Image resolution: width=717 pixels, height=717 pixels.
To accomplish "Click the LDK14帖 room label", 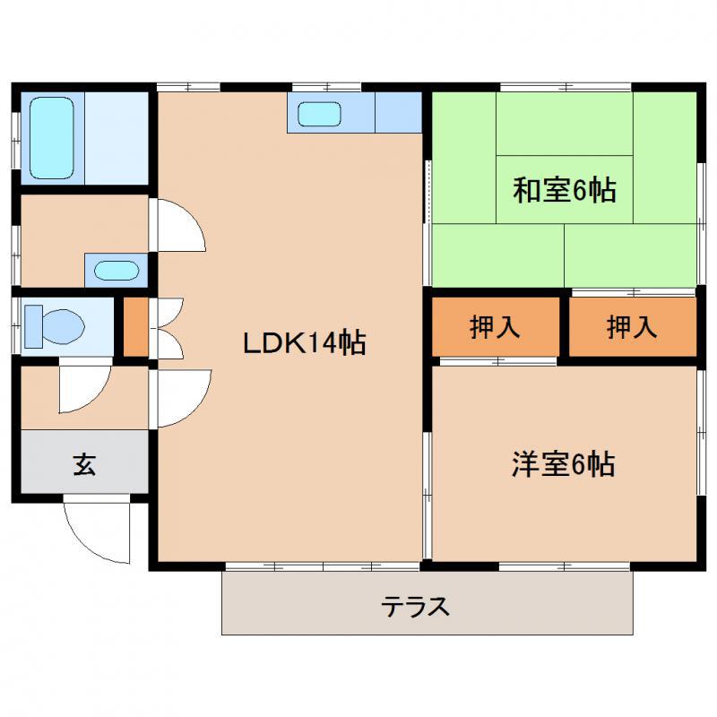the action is coord(304,342).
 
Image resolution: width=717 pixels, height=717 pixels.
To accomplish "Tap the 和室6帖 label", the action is coord(565,190).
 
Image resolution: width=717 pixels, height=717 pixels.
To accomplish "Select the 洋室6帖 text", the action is coord(563,464).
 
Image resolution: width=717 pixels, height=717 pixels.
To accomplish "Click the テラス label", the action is coord(415,607).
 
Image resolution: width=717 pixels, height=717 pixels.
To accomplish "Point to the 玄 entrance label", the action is coord(84,464).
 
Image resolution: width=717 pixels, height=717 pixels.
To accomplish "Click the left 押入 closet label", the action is coord(495,327).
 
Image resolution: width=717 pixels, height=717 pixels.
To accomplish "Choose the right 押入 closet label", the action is coord(632,327).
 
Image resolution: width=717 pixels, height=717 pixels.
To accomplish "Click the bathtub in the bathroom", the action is coord(52,138).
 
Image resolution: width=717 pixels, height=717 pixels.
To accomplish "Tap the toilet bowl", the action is coord(64,326).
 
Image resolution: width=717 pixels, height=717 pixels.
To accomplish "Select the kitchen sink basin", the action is coord(320,114).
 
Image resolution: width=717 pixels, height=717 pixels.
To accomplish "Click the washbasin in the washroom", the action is coord(117,271).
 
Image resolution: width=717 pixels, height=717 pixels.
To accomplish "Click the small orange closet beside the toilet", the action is coord(136,326).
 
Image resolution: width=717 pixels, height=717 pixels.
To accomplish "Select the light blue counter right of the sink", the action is coord(398,113).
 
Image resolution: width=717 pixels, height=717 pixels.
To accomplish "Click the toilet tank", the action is coord(33,326).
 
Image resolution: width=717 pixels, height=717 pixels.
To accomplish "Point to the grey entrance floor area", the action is coord(84,462).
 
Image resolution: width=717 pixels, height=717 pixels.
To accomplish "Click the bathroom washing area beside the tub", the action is coord(117,138).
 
